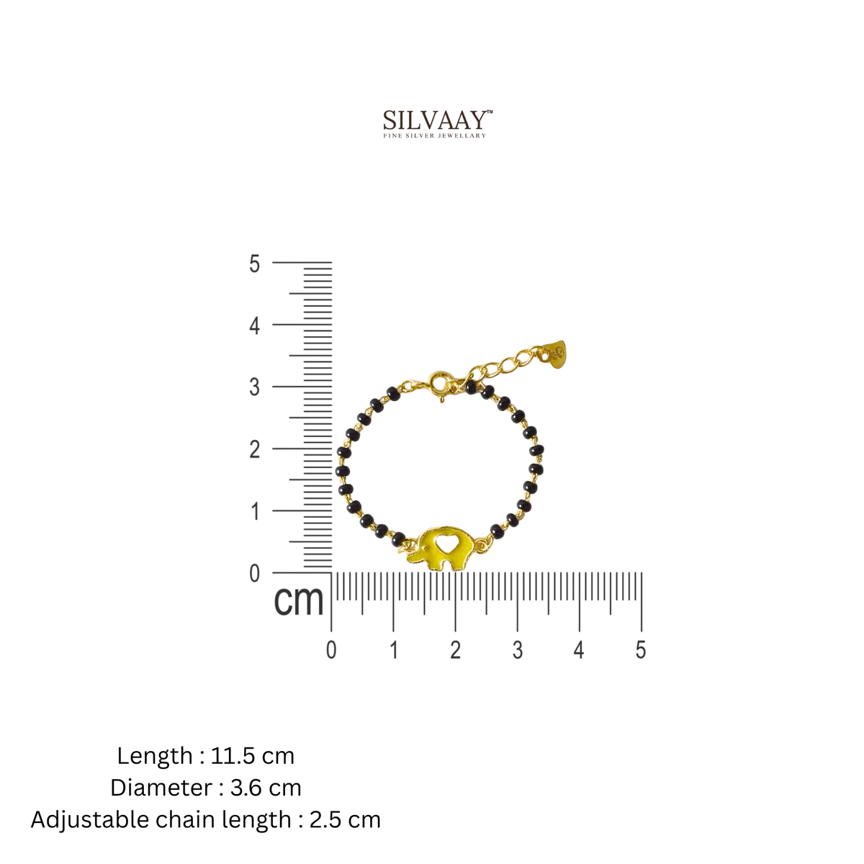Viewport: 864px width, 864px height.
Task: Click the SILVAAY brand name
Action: pyautogui.click(x=434, y=120)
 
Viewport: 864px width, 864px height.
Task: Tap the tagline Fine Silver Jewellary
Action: pyautogui.click(x=434, y=135)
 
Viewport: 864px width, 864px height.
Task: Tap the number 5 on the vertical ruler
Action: pyautogui.click(x=254, y=264)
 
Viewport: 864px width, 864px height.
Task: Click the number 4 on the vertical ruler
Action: pyautogui.click(x=254, y=326)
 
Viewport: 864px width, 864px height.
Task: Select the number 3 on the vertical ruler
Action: pyautogui.click(x=254, y=387)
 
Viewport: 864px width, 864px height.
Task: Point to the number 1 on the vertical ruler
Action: pyautogui.click(x=255, y=512)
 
